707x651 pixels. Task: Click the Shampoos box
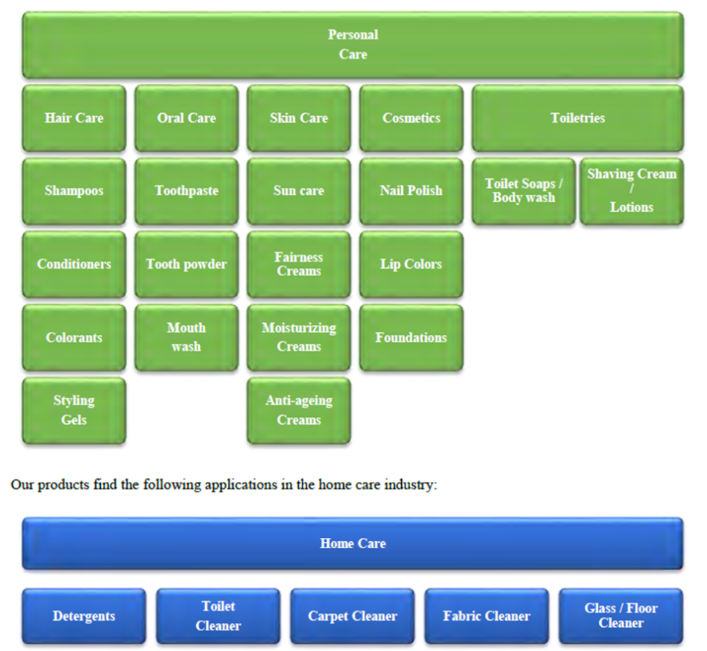click(74, 191)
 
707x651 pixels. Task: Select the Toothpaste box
click(186, 191)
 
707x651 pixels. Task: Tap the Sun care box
click(299, 191)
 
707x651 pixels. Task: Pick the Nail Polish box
click(411, 191)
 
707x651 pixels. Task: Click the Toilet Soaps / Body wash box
click(524, 191)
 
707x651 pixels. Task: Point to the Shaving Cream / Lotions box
click(632, 191)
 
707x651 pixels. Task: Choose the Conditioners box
click(74, 264)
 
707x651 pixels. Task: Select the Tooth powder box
click(186, 264)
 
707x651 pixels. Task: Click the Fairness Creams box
click(299, 264)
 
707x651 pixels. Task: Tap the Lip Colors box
click(411, 264)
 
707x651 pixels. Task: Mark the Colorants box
click(74, 338)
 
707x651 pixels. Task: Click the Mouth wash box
click(186, 338)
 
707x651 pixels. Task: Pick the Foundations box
click(411, 338)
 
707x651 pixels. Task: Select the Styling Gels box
click(74, 411)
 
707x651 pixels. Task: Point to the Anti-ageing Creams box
click(299, 411)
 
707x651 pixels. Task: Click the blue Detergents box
click(84, 616)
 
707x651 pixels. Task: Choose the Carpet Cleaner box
click(353, 616)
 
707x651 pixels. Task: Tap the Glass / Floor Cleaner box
click(621, 616)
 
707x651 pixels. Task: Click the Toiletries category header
click(578, 118)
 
